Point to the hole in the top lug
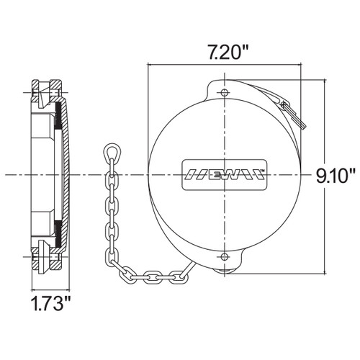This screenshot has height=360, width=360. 225,93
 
